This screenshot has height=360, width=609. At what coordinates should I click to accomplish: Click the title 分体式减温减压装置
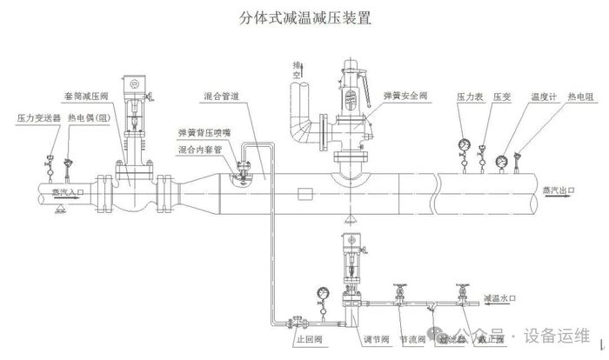coord(304,18)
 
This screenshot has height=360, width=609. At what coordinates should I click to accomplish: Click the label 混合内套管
coord(199,150)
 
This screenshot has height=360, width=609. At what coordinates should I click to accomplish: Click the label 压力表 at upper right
coord(469,96)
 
